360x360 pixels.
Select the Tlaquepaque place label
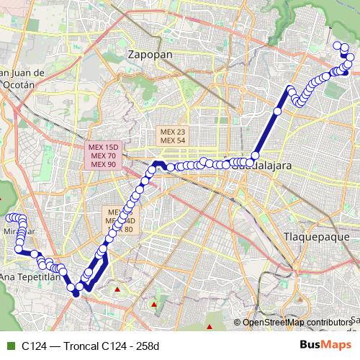(x=316, y=236)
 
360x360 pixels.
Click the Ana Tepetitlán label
(x=29, y=276)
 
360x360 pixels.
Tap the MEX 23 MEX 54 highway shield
(x=173, y=136)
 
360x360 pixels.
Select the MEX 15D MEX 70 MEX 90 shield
(x=104, y=156)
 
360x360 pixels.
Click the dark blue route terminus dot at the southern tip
(x=76, y=293)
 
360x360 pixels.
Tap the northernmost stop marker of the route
(x=338, y=45)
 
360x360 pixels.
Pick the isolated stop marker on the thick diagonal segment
(x=277, y=111)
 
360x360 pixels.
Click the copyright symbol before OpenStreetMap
(x=238, y=322)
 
